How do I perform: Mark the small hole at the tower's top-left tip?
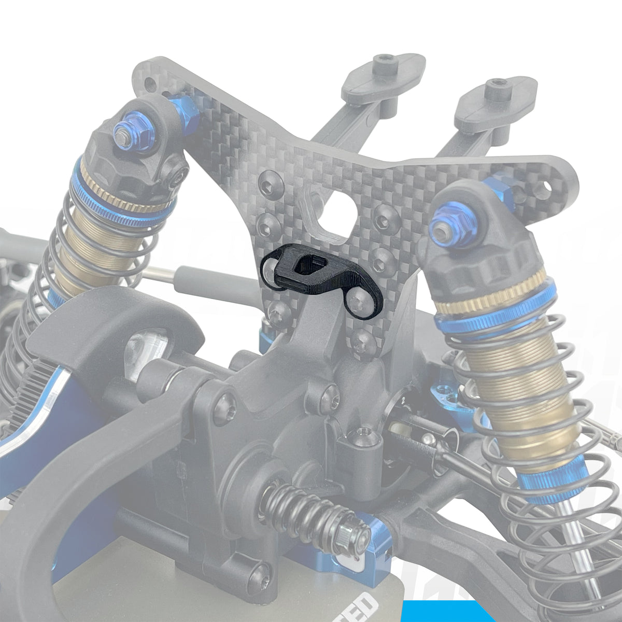click(150, 82)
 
